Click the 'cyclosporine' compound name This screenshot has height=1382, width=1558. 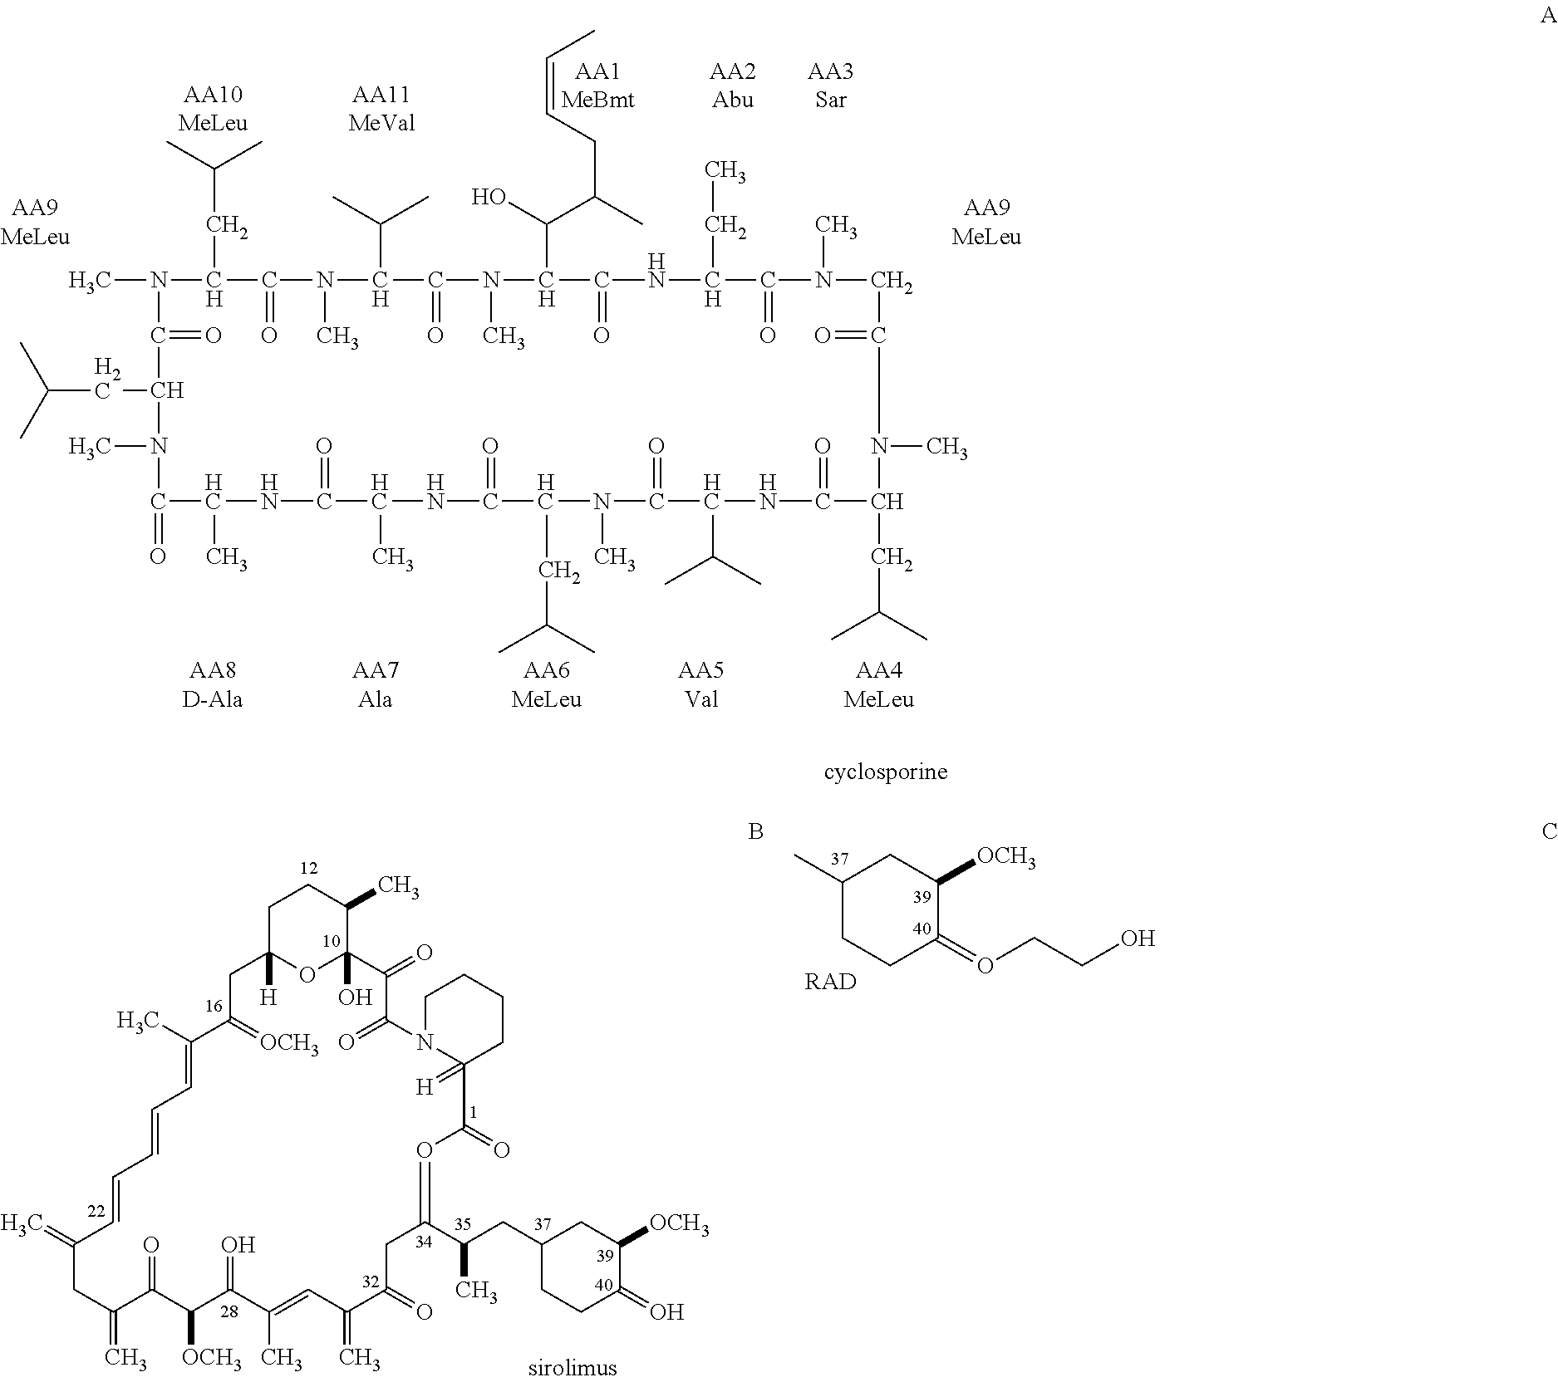pos(885,772)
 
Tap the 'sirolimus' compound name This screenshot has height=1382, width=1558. pos(573,1367)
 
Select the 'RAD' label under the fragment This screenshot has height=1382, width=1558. pos(830,982)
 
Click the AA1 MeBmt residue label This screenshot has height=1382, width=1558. pos(597,86)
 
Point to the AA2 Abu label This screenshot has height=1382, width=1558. pos(732,86)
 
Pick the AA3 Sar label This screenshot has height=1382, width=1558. pos(830,86)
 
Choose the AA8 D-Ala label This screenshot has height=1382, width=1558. pos(213,684)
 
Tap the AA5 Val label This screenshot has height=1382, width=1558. pos(700,684)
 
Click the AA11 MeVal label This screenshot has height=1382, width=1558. pos(381,109)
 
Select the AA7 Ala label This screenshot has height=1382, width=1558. pos(376,684)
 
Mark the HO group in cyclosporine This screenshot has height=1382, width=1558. pos(489,197)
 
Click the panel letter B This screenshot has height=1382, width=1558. pos(755,831)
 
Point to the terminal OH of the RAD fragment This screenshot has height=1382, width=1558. pos(1138,938)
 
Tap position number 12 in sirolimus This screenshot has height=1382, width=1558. pos(309,869)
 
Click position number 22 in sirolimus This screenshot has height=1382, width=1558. pos(96,1212)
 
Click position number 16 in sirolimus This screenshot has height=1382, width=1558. pos(214,1007)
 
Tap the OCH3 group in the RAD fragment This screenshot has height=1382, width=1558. pos(1005,856)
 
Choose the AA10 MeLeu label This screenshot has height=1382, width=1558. pos(213,109)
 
